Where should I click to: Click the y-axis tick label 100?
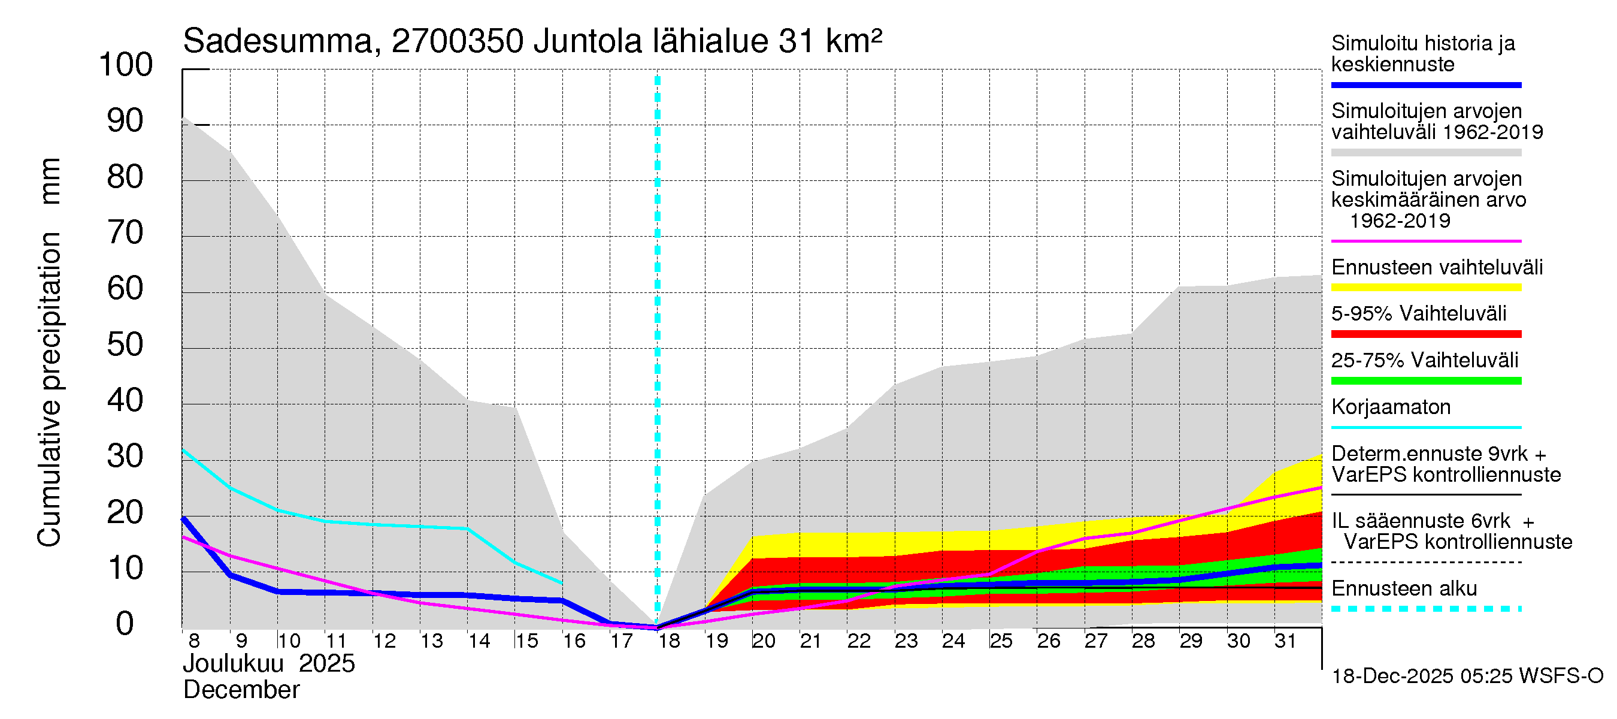pyautogui.click(x=126, y=65)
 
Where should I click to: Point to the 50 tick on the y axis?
pyautogui.click(x=126, y=345)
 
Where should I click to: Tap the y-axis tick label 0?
pyautogui.click(x=125, y=624)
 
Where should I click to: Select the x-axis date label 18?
pyautogui.click(x=669, y=641)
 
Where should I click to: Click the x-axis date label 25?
pyautogui.click(x=1001, y=641)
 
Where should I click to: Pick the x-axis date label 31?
pyautogui.click(x=1286, y=641)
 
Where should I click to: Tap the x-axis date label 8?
pyautogui.click(x=194, y=641)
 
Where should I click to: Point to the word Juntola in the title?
pyautogui.click(x=588, y=41)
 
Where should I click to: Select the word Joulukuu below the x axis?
pyautogui.click(x=233, y=664)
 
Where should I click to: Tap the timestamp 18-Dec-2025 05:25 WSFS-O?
pyautogui.click(x=1467, y=676)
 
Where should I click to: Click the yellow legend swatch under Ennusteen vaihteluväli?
pyautogui.click(x=1425, y=288)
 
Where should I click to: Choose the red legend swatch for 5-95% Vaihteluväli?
pyautogui.click(x=1425, y=334)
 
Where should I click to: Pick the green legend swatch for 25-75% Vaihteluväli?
pyautogui.click(x=1425, y=380)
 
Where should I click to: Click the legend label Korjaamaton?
pyautogui.click(x=1391, y=407)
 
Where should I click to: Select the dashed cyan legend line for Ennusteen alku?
pyautogui.click(x=1425, y=609)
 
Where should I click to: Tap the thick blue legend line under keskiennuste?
pyautogui.click(x=1425, y=84)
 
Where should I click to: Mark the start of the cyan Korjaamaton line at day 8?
pyautogui.click(x=183, y=449)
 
